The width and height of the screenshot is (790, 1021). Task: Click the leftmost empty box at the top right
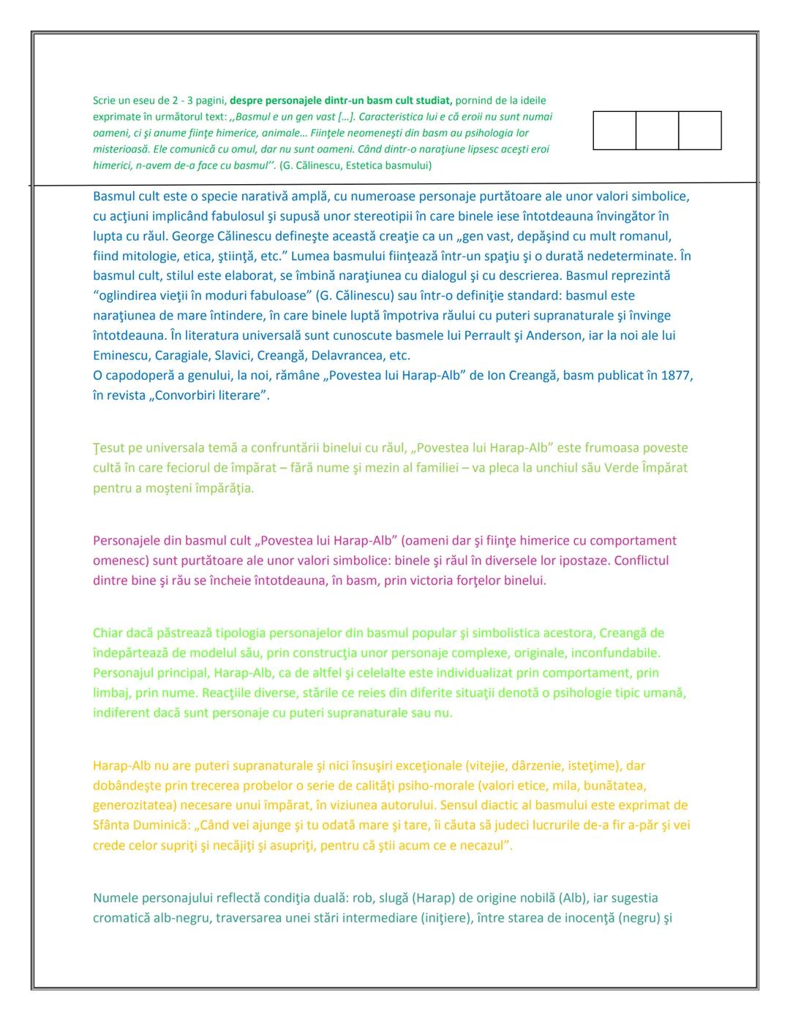pyautogui.click(x=614, y=131)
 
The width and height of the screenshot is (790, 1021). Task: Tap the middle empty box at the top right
pyautogui.click(x=657, y=131)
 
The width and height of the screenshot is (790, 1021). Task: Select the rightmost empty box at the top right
pyautogui.click(x=700, y=131)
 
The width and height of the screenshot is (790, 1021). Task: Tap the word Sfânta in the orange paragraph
pyautogui.click(x=112, y=825)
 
